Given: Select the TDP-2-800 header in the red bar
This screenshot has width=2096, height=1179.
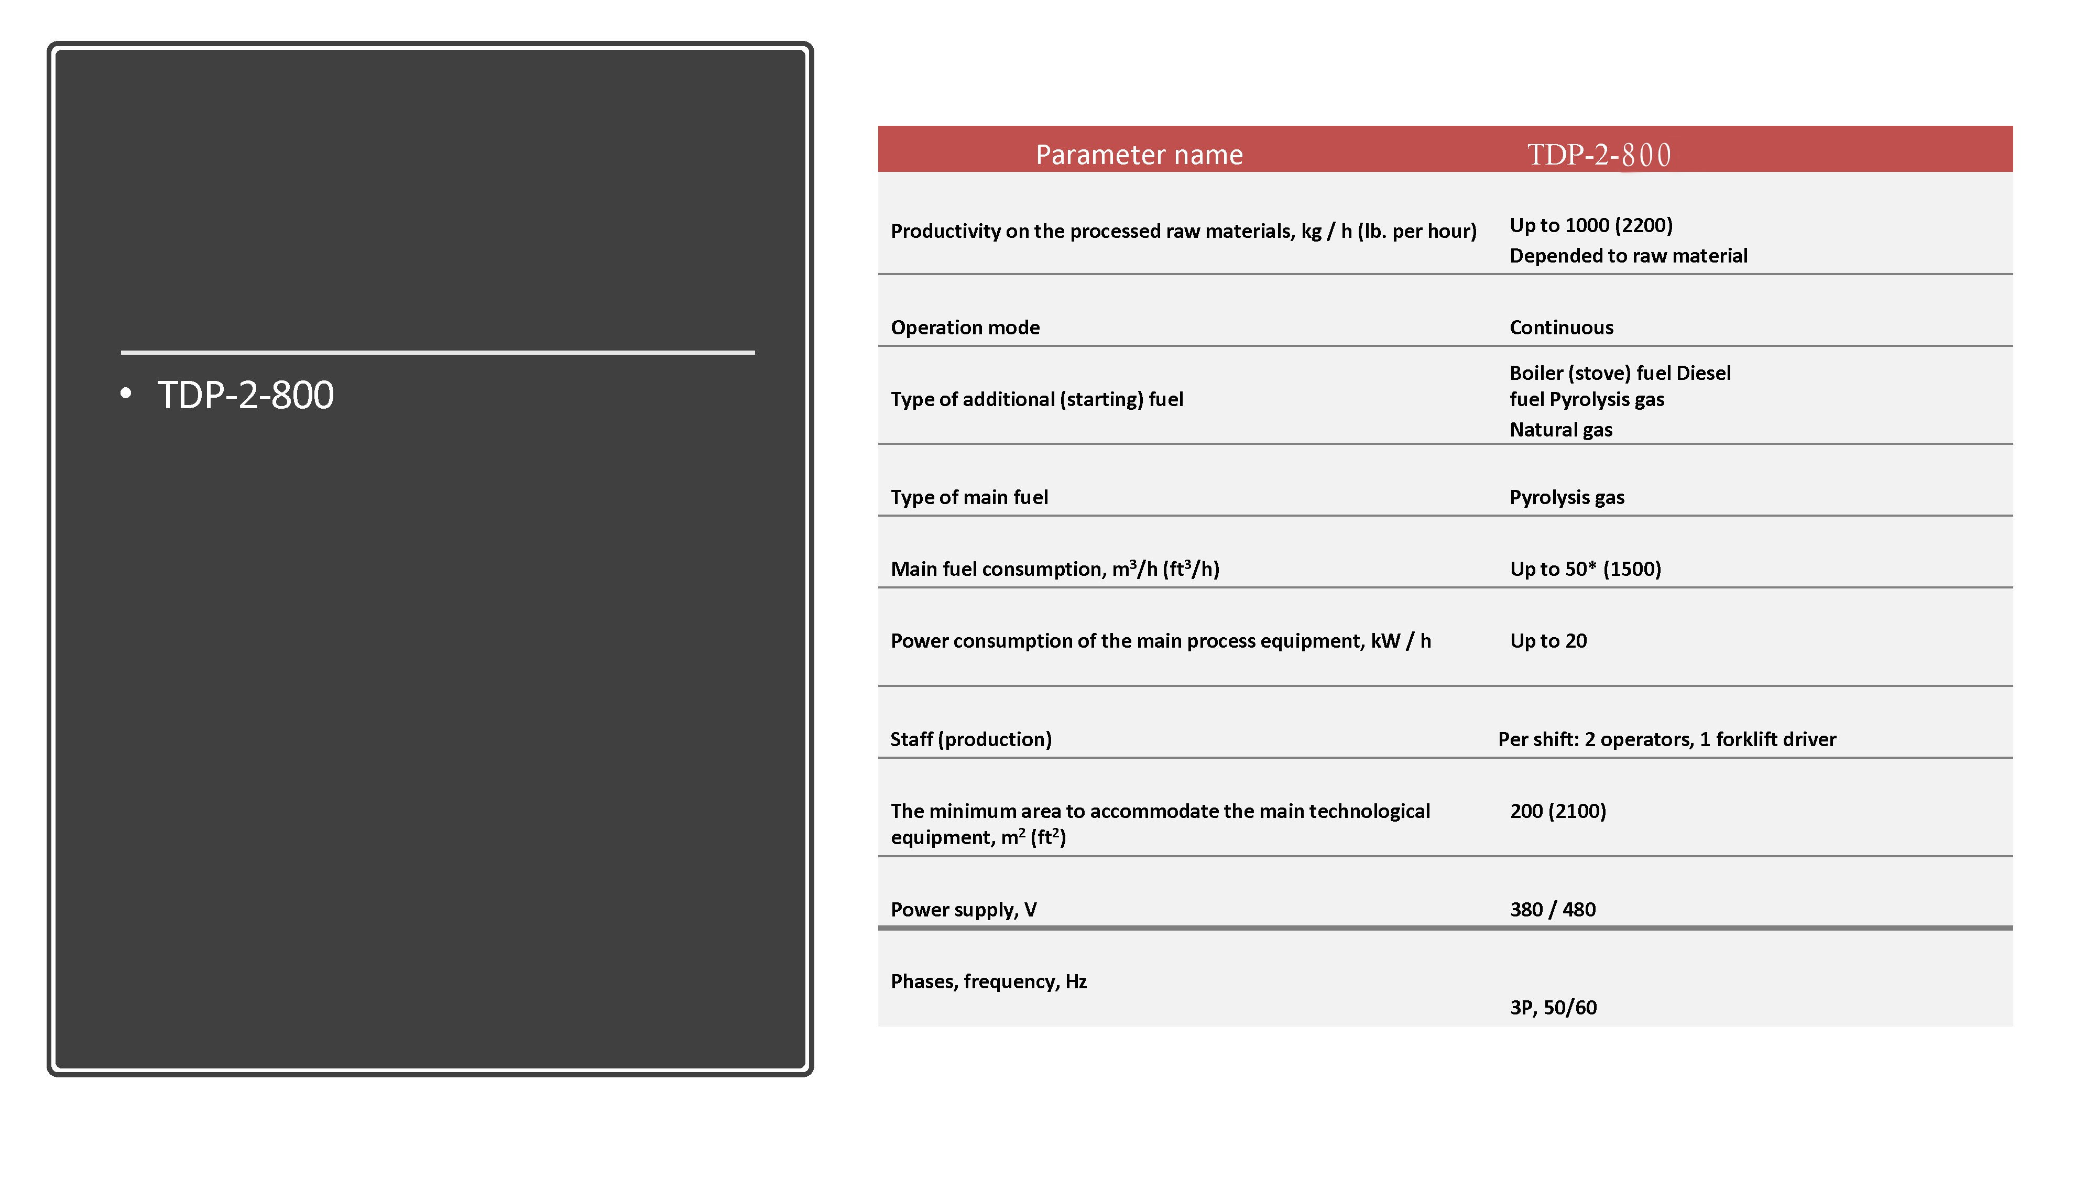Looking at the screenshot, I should coord(1598,155).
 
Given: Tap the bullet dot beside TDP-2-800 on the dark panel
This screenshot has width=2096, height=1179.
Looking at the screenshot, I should coord(125,394).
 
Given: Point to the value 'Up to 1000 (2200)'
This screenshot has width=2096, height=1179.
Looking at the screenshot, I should coord(1591,225).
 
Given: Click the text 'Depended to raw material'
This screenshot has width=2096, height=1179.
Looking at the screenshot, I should coord(1628,256).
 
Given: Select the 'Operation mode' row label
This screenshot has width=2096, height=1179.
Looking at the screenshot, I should coord(965,327).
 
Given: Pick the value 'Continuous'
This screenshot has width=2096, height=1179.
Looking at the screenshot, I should coord(1560,327).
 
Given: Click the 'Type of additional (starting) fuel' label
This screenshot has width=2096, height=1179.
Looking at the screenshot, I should coord(1036,399).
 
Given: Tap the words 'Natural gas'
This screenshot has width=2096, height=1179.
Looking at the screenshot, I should coord(1560,430).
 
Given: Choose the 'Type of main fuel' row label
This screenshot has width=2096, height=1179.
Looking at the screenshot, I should coord(969,497).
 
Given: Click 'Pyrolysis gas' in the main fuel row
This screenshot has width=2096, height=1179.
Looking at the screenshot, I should coord(1566,497).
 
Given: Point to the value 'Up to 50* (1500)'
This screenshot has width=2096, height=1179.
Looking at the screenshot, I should coord(1585,569).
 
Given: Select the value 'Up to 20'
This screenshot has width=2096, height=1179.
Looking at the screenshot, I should coord(1547,640).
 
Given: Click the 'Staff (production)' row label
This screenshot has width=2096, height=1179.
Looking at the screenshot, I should coord(970,739).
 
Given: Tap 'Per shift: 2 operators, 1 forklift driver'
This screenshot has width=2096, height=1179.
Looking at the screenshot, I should coord(1666,739).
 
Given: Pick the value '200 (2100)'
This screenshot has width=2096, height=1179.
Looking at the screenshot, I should coord(1557,811).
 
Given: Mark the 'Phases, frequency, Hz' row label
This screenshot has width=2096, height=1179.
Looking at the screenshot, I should coord(989,981).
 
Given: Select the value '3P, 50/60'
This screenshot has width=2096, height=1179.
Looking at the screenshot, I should coord(1553,1007).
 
